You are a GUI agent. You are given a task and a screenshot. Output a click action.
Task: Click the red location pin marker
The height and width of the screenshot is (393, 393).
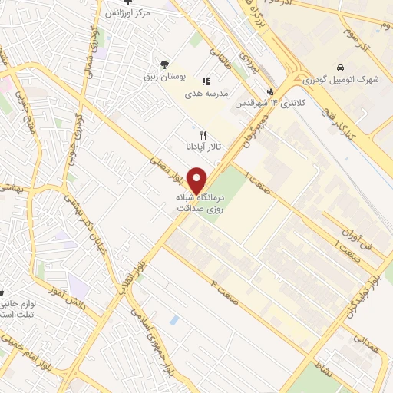coord(197,180)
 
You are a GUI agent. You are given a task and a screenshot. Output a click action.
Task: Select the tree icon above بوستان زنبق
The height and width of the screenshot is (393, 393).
coord(163,64)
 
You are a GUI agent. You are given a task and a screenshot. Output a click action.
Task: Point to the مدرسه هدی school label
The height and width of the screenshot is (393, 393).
coord(205,94)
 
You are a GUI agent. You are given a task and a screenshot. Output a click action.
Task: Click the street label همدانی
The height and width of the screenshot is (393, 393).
coord(367,343)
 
